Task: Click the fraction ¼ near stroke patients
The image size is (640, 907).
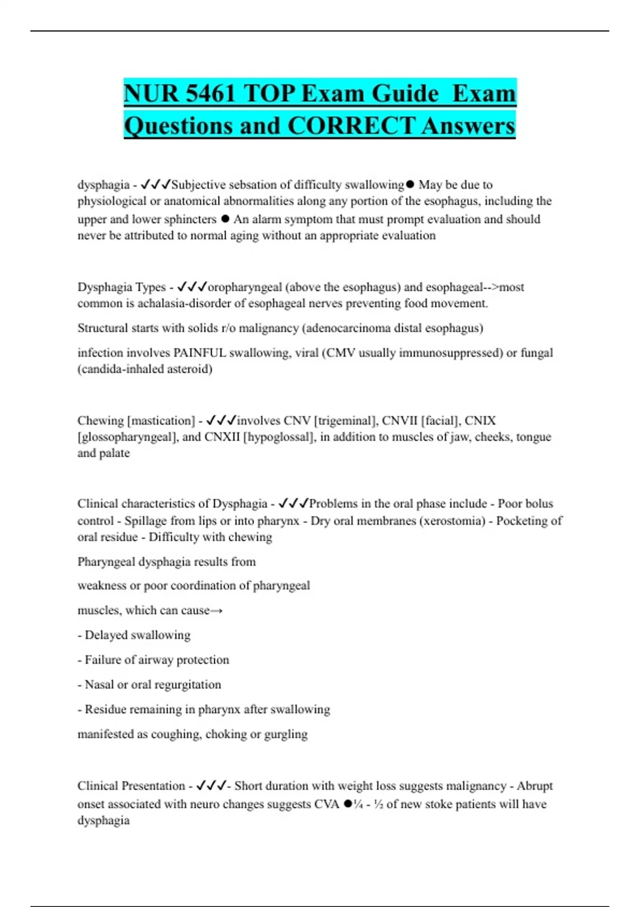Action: tap(358, 804)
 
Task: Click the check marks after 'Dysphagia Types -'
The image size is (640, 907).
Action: tap(191, 287)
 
